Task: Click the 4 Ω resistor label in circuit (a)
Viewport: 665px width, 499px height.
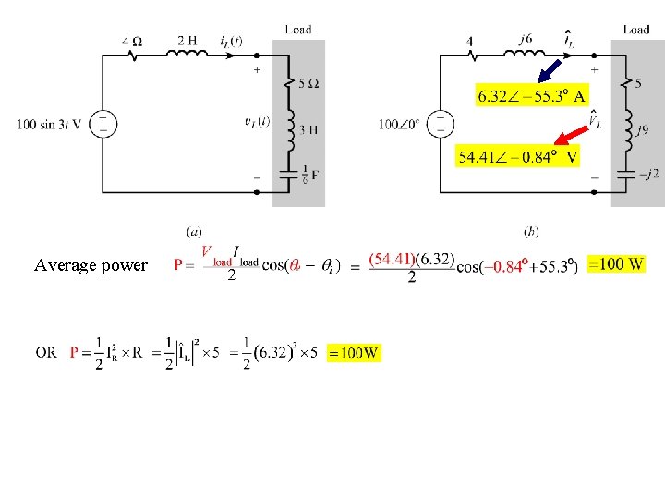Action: coord(132,42)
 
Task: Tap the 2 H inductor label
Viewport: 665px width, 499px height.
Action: coord(187,41)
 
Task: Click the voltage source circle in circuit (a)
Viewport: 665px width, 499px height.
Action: coord(102,124)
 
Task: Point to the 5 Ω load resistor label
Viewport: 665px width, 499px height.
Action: coord(309,83)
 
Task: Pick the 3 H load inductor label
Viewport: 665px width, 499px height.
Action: coord(309,129)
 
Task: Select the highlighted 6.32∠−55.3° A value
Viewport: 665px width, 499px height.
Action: coord(531,95)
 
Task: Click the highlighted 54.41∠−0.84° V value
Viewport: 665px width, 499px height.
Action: coord(518,157)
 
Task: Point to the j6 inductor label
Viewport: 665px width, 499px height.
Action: coord(525,39)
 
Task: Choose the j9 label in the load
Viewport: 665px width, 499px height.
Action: coord(642,130)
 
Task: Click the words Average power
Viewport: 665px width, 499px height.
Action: coord(91,265)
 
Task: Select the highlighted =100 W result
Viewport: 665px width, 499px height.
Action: coord(616,264)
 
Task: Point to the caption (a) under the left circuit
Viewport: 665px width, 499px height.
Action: coord(194,231)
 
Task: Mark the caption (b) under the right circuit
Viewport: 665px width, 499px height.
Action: coord(531,231)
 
